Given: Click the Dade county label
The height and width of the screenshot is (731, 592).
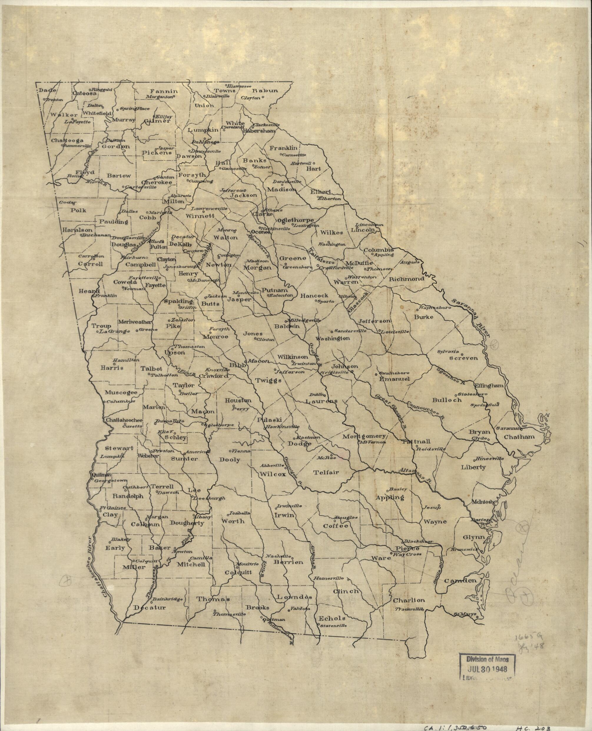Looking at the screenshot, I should coord(45,90).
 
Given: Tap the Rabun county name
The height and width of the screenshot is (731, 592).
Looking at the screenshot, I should coord(265,91).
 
